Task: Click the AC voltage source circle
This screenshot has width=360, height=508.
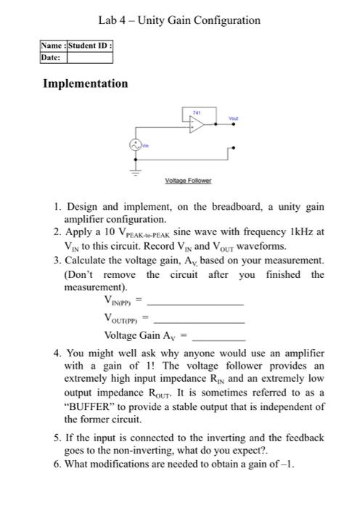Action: (135, 145)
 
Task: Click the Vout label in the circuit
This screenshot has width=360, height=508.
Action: (232, 117)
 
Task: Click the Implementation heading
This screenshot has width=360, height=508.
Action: (86, 83)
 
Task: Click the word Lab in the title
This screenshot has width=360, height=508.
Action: (109, 20)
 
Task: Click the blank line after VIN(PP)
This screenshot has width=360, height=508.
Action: (200, 304)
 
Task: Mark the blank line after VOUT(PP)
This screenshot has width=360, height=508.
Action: (200, 320)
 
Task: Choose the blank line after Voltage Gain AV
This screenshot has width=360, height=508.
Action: (218, 338)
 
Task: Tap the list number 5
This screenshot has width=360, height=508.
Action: (57, 438)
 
